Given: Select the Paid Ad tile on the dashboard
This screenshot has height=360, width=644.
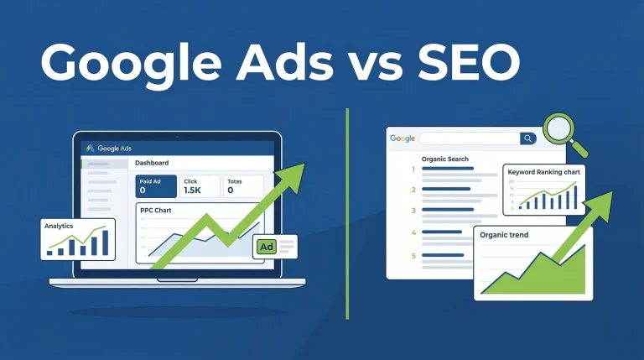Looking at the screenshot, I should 155,185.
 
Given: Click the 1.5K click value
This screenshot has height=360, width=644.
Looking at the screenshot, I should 194,190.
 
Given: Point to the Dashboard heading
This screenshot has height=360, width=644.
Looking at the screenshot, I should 152,163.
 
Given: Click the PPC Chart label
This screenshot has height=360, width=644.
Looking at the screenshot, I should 157,210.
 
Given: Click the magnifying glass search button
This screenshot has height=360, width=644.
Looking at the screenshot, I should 528,138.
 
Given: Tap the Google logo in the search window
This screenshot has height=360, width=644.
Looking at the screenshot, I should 402,138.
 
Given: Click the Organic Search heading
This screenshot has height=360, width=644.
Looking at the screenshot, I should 445,159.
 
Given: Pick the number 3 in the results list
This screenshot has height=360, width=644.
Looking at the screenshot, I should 413,190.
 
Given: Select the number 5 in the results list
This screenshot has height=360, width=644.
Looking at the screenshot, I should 413,255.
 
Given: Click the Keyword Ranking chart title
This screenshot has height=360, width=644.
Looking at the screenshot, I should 544,172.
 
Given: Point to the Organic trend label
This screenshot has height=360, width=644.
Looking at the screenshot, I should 504,235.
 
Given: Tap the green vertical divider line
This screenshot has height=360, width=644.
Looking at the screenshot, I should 346,210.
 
